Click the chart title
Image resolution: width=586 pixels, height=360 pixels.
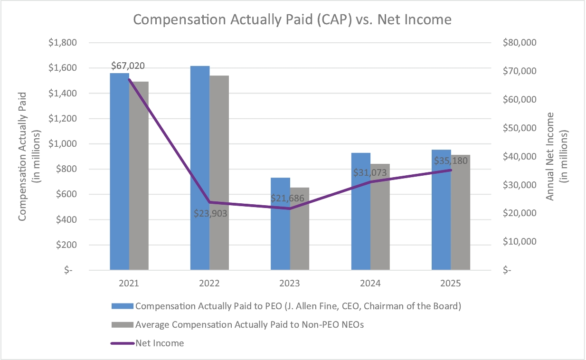pyautogui.click(x=292, y=19)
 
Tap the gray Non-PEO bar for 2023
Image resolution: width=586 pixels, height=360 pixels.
pyautogui.click(x=300, y=228)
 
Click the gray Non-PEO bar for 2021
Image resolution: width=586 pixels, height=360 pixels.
pyautogui.click(x=139, y=176)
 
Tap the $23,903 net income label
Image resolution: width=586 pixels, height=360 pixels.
pyautogui.click(x=210, y=213)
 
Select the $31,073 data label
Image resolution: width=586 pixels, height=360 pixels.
pyautogui.click(x=370, y=172)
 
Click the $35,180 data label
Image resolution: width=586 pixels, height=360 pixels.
pyautogui.click(x=451, y=161)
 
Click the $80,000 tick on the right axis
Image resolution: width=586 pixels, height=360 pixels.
pyautogui.click(x=520, y=43)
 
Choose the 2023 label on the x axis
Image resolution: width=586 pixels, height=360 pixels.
pyautogui.click(x=290, y=284)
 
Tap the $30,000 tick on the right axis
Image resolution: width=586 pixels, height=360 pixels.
pyautogui.click(x=520, y=185)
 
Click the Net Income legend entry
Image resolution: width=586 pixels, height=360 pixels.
pyautogui.click(x=160, y=343)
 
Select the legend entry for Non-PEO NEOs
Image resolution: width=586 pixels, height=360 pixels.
pyautogui.click(x=249, y=325)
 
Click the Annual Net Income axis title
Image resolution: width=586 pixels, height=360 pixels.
pyautogui.click(x=557, y=156)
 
